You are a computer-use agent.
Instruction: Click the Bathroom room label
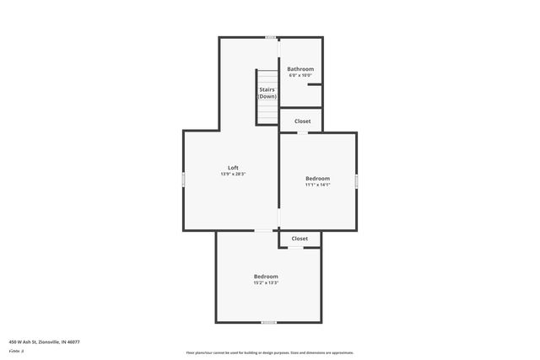click(x=300, y=69)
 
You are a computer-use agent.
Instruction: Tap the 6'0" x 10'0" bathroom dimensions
click(x=300, y=76)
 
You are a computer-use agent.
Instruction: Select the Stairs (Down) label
click(x=267, y=93)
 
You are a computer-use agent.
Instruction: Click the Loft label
click(x=233, y=168)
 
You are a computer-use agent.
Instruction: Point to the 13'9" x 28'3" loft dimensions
click(x=233, y=175)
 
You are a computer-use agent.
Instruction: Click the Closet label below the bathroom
click(x=302, y=121)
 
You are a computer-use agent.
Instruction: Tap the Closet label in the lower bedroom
click(x=300, y=239)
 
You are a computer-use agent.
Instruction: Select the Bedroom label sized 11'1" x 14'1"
click(x=317, y=179)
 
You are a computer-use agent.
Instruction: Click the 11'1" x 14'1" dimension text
click(x=317, y=185)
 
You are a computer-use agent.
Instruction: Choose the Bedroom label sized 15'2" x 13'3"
click(x=266, y=277)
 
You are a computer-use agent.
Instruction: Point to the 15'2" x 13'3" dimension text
click(x=266, y=283)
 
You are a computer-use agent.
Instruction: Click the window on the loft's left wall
click(x=184, y=179)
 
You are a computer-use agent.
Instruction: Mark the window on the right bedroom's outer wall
click(x=356, y=180)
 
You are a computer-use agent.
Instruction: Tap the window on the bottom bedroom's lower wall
click(x=268, y=322)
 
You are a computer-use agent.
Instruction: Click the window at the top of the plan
click(x=270, y=37)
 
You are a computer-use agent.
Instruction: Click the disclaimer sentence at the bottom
click(x=269, y=352)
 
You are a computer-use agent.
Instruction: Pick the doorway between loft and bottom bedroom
click(x=264, y=231)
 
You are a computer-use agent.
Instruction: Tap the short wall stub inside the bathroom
click(x=314, y=84)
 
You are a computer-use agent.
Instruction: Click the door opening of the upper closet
click(x=302, y=132)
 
